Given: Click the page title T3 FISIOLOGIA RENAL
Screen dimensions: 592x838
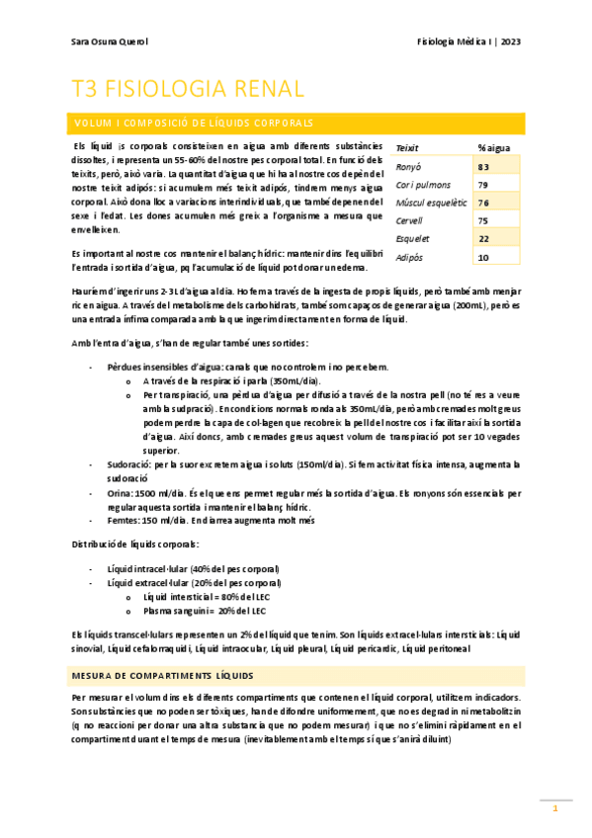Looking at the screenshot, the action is click(x=188, y=89).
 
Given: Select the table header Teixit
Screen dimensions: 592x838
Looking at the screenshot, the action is click(x=407, y=148).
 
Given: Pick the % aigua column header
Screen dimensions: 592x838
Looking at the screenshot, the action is click(x=493, y=148).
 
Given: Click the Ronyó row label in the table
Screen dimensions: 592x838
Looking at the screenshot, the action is click(x=408, y=167).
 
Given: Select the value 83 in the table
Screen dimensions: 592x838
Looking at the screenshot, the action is click(x=483, y=167).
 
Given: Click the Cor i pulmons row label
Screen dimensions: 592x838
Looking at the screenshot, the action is click(x=424, y=185).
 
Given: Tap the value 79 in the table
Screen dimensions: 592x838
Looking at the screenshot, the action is click(x=483, y=185).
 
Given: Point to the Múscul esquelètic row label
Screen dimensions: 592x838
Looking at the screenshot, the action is click(x=430, y=203).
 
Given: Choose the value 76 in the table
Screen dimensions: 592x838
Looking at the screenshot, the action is click(x=483, y=203).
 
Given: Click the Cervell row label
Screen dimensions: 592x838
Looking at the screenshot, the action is click(x=409, y=220).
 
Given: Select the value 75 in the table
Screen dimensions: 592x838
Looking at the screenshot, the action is click(x=483, y=220).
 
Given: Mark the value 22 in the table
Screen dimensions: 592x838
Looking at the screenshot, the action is click(x=483, y=239).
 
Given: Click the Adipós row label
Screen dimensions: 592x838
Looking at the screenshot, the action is click(x=409, y=257).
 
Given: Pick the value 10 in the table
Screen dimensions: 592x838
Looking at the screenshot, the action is click(x=483, y=257).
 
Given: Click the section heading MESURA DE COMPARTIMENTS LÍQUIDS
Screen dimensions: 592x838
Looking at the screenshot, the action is click(x=162, y=675).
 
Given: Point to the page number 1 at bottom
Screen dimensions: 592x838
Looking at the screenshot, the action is click(x=555, y=809).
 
